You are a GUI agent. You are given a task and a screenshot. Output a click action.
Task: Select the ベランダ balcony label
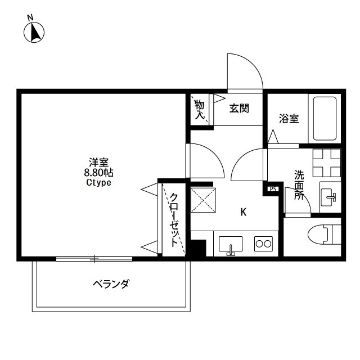(111, 283)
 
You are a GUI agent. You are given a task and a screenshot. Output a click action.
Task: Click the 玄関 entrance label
(239, 109)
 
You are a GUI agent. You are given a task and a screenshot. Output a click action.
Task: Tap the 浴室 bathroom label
(289, 119)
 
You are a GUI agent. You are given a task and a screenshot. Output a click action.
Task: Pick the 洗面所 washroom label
(299, 185)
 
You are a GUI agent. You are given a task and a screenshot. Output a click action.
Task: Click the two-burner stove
(263, 244)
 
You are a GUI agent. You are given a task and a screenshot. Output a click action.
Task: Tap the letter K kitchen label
(244, 212)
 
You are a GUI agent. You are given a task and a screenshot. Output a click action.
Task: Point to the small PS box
(273, 189)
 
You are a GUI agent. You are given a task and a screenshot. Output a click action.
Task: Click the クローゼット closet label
(174, 220)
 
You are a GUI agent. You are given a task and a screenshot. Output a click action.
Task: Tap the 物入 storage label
(199, 110)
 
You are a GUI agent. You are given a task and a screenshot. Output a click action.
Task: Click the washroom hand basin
(329, 197)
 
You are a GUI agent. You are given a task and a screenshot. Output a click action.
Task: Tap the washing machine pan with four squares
(327, 163)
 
